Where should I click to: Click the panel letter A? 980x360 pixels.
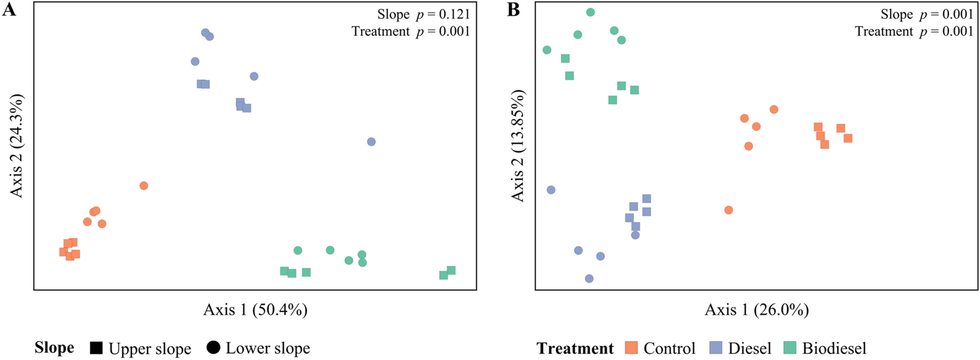click(9, 9)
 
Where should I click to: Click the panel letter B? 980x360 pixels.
click(513, 9)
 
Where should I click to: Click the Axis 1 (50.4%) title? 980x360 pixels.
click(255, 309)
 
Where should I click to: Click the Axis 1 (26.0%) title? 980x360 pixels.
click(756, 309)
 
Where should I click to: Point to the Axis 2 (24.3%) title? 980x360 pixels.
click(17, 145)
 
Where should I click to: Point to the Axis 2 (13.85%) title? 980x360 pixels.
click(518, 145)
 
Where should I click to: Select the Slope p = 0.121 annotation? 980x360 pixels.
click(423, 14)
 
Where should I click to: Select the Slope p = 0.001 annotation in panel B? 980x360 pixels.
click(926, 14)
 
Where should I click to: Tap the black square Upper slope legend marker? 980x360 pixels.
click(96, 348)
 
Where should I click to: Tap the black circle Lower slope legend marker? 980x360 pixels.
click(213, 348)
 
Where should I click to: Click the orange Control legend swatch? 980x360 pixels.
click(631, 348)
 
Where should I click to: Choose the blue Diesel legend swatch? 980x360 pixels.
click(716, 348)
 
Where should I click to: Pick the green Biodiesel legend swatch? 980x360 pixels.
click(790, 348)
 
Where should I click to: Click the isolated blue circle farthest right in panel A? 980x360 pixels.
click(372, 142)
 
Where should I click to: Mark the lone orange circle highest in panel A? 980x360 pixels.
click(144, 186)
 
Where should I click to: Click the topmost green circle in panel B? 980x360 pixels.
click(590, 12)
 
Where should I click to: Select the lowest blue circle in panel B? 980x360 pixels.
click(589, 279)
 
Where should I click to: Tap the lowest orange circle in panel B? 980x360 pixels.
click(729, 210)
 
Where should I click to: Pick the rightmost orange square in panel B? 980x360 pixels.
click(848, 138)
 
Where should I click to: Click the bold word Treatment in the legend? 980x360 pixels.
click(575, 348)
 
